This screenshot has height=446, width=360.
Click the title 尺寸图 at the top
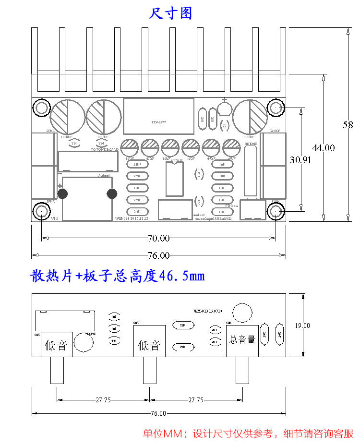pos(171,13)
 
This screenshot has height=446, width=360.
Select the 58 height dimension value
pos(348,125)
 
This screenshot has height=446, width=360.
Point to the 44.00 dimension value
pos(324,148)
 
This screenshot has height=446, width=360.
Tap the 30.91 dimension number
pos(300,160)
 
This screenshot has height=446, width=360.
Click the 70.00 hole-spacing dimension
pos(158,238)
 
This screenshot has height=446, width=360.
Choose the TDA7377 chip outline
pos(158,116)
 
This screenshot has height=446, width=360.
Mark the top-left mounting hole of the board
pos(42,108)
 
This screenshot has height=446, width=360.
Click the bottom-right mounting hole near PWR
pos(276,211)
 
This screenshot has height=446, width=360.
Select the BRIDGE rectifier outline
pos(251,170)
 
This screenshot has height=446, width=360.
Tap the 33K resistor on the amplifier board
pos(137,165)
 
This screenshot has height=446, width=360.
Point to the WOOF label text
pos(275,131)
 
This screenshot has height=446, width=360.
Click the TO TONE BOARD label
pos(105,150)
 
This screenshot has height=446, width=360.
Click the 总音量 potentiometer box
pos(242,340)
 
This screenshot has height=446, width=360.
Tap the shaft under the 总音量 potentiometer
pos(242,370)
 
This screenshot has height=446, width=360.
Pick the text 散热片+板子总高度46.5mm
pos(118,276)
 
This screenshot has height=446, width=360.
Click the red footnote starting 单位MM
pos(248,434)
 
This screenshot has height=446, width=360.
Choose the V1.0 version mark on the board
pos(55,218)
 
